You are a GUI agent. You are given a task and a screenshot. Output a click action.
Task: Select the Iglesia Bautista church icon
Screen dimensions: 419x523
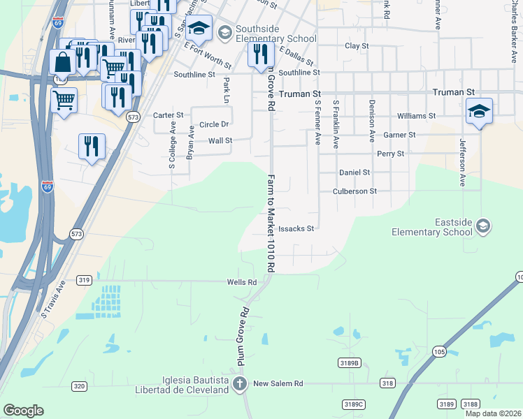[240, 383]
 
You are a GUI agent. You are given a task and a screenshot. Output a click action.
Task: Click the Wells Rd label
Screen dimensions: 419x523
[241, 282]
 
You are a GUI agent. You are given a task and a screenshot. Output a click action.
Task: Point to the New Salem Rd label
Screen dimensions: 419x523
[278, 383]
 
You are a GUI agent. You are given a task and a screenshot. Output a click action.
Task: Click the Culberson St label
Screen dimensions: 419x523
[354, 191]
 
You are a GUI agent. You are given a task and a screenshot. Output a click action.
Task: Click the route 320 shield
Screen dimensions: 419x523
[79, 385]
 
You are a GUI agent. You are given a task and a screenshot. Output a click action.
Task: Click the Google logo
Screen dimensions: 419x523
[23, 411]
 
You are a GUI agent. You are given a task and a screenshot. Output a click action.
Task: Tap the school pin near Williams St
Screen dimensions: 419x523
[479, 110]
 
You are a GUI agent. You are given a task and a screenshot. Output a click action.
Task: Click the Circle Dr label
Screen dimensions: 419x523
[214, 125]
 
